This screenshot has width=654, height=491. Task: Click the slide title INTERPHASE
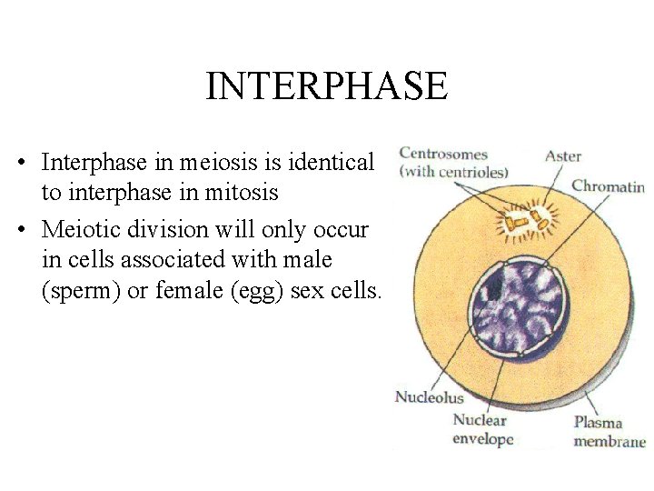click(x=326, y=86)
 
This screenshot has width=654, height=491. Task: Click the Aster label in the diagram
click(x=563, y=156)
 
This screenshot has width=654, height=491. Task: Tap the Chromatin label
click(x=608, y=187)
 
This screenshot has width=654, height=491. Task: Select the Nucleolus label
click(x=429, y=397)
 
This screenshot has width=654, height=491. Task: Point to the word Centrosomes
click(x=444, y=155)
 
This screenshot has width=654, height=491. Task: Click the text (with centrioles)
click(x=454, y=171)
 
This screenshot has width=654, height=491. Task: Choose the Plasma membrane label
click(x=609, y=432)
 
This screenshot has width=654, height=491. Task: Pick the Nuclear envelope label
click(x=483, y=430)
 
